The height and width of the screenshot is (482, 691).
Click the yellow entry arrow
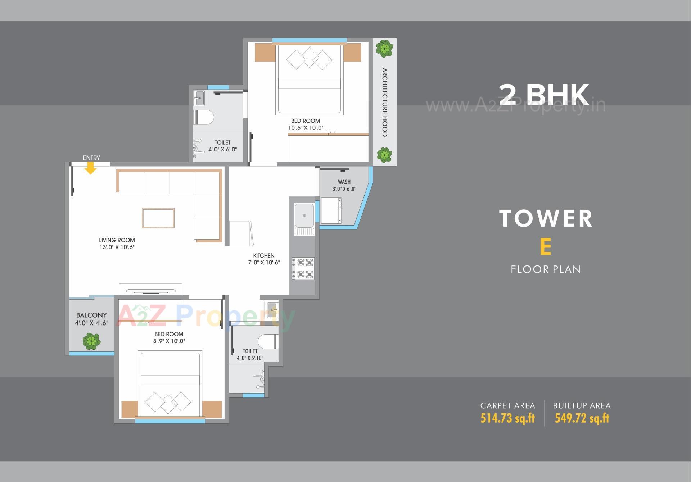[90, 168]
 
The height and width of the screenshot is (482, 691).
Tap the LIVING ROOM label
[117, 240]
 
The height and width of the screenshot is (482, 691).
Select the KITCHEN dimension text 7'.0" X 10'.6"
[263, 263]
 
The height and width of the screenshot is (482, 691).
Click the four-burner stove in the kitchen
[303, 268]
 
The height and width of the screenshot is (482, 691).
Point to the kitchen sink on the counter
[304, 215]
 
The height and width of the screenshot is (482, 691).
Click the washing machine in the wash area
[331, 210]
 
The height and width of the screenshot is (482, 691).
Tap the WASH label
[344, 182]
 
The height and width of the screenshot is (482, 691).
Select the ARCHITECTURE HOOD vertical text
[384, 102]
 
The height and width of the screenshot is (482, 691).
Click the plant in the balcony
[91, 341]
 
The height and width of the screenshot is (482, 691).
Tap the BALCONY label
[91, 315]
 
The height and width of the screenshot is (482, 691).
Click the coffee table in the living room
[158, 218]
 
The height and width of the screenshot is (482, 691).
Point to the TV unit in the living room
[151, 290]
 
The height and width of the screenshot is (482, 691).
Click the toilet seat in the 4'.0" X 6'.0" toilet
[204, 117]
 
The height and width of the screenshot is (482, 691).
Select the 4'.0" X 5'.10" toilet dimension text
[250, 358]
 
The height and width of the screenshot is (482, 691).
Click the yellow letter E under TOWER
[545, 247]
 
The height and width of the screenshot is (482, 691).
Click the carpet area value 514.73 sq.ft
[507, 418]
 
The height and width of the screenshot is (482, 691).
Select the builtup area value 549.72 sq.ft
[582, 418]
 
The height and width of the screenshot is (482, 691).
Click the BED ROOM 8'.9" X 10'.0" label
[169, 337]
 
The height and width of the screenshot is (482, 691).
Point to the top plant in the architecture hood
[384, 48]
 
